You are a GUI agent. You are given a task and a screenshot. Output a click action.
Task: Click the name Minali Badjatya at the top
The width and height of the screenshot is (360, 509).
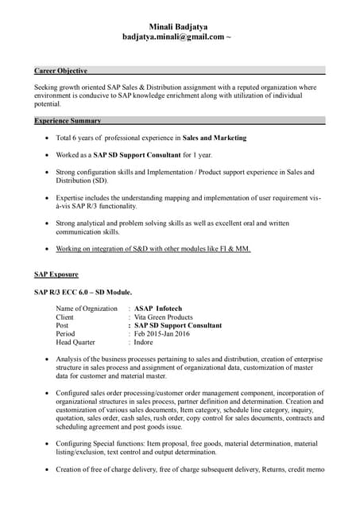(x=179, y=26)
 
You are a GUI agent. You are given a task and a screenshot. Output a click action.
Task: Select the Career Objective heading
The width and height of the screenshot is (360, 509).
(x=60, y=71)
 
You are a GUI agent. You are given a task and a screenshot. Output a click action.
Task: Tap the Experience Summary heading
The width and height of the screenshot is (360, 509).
(x=68, y=121)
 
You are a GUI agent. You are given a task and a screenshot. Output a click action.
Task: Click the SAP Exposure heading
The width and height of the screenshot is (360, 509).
(x=56, y=274)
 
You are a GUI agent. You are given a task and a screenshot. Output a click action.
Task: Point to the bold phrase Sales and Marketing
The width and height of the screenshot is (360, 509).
(x=215, y=138)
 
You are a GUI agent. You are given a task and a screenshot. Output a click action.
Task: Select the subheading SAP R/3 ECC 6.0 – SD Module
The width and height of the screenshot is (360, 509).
(x=83, y=292)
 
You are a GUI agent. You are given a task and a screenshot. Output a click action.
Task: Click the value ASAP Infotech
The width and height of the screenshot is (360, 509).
(x=158, y=309)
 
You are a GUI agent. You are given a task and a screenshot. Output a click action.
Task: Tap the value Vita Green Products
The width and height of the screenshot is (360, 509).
(x=164, y=317)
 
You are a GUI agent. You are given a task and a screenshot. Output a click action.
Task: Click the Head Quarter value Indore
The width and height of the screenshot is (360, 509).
(x=144, y=343)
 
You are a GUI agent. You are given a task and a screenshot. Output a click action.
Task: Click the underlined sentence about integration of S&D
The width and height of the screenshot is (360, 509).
(x=153, y=249)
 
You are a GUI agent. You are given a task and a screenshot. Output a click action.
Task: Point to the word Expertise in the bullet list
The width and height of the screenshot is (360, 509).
(x=72, y=197)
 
